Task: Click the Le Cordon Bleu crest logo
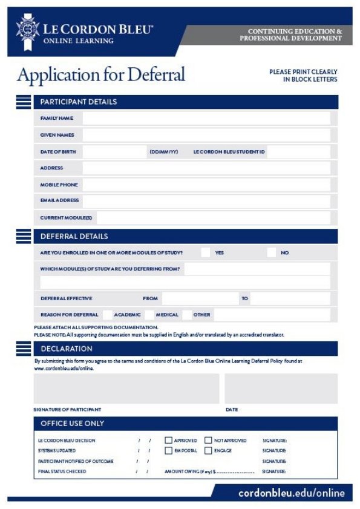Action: coord(27,30)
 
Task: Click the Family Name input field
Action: coord(206,118)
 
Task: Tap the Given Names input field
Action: coord(206,135)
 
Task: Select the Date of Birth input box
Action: coord(115,152)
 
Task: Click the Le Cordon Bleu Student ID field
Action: coord(298,152)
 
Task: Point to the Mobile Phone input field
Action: coord(206,185)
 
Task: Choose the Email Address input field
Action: coord(206,200)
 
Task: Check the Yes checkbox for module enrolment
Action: coord(206,252)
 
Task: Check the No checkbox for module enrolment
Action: coord(272,252)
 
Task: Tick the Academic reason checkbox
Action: coord(108,315)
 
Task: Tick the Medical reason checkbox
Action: coord(149,315)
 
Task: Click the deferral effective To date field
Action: coord(290,298)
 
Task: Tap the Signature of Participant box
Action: coord(126,388)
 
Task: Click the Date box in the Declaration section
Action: coord(281,388)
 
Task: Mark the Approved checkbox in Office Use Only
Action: coord(168,441)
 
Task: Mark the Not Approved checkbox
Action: coord(208,441)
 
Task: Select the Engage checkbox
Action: coord(208,451)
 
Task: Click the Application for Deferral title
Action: coord(101,75)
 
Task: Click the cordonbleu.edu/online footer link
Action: coord(291,493)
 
